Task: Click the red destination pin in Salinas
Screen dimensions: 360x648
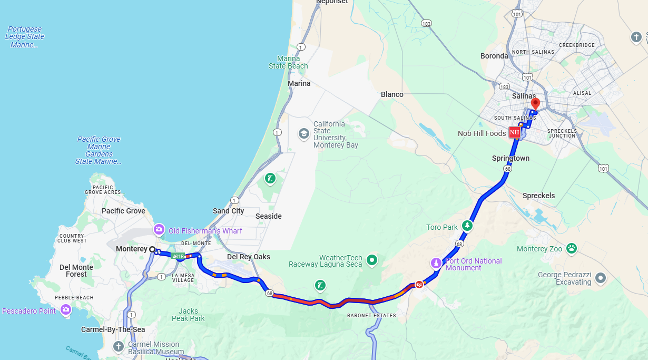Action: (535, 103)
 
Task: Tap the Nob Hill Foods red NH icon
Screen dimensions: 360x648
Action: (515, 132)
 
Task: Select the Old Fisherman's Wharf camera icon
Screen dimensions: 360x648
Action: (159, 230)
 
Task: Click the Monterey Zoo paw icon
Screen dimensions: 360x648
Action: (571, 248)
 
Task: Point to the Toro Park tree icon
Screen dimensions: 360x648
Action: (467, 226)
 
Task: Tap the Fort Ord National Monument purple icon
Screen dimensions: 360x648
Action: (436, 262)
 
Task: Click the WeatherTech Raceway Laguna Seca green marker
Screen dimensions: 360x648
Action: (372, 259)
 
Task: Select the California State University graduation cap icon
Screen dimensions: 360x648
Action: (303, 134)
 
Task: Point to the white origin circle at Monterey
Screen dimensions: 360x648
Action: (152, 249)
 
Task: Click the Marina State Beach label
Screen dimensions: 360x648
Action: (288, 62)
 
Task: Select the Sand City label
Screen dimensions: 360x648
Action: (229, 211)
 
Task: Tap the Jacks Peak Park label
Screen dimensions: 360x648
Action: (188, 315)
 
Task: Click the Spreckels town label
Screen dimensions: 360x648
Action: (538, 196)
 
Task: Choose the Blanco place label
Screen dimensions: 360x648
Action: (392, 94)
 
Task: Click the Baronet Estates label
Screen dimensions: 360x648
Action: (371, 315)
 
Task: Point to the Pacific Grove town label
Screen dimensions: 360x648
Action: (123, 211)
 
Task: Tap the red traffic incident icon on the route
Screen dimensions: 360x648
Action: (419, 285)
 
